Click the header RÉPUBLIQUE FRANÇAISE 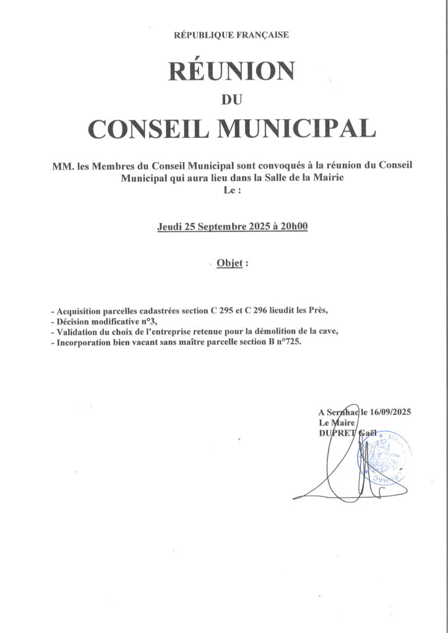(231, 35)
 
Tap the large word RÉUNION (231, 71)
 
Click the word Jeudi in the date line (169, 226)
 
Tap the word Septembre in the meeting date (222, 226)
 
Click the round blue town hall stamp (384, 457)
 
